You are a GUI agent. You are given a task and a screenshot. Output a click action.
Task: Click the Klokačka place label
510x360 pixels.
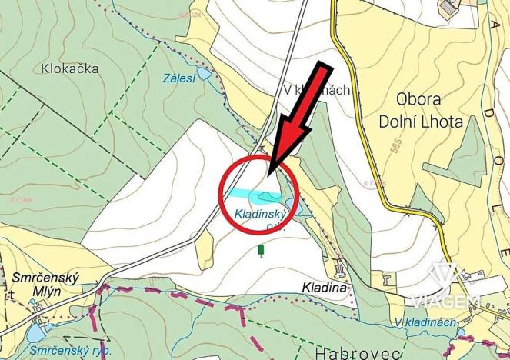tap(67, 68)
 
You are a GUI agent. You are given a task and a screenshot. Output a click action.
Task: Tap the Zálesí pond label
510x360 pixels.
tap(178, 78)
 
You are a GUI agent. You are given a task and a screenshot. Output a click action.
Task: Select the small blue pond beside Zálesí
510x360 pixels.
tap(203, 74)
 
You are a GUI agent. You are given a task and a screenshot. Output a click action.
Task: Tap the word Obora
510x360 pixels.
tap(421, 100)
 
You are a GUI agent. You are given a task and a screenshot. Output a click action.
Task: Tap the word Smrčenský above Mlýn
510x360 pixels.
tap(43, 276)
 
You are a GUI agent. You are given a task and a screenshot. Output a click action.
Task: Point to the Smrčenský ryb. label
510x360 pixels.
tap(71, 350)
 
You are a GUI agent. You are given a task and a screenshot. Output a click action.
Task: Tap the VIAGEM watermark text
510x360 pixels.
tap(445, 300)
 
